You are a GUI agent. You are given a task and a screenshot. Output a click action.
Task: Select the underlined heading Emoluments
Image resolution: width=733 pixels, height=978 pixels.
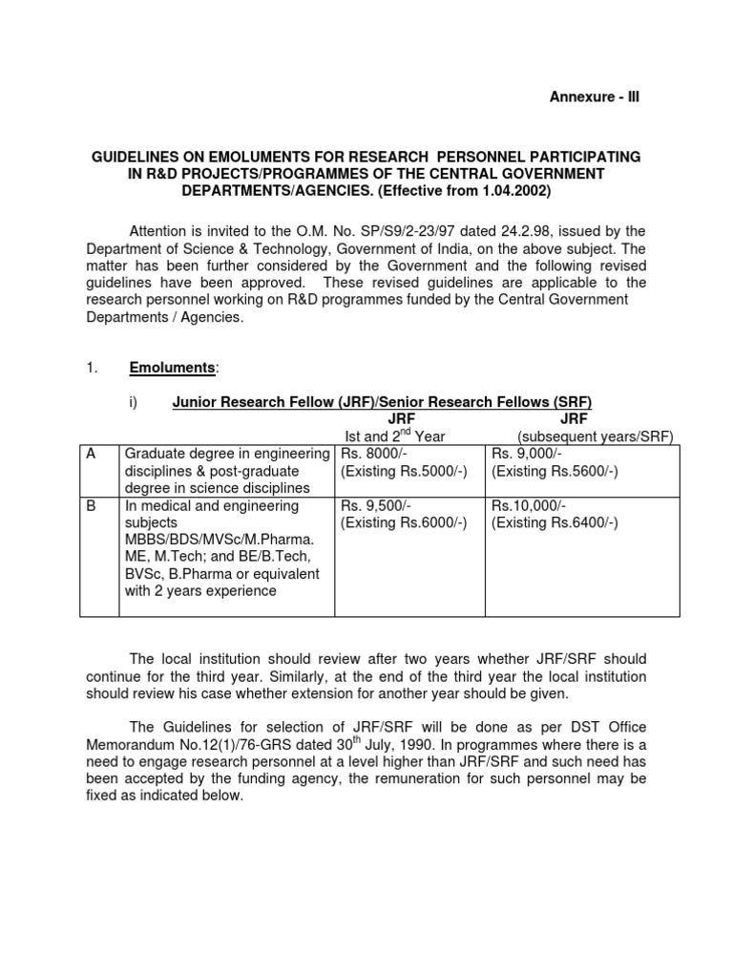pos(174,369)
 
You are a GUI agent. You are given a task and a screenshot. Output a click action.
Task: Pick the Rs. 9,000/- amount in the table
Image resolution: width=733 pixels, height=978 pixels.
pos(523,454)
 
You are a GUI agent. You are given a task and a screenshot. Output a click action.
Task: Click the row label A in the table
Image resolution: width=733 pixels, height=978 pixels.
pos(92,454)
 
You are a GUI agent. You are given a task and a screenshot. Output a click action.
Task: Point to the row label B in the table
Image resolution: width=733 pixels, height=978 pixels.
pos(92,505)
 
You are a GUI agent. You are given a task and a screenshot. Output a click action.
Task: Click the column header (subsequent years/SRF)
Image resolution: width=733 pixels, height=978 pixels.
pos(595,436)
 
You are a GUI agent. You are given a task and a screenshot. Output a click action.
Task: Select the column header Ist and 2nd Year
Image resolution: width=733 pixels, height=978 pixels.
pos(395,436)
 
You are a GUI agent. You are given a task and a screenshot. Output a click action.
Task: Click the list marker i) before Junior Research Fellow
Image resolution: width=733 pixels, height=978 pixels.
pos(134,402)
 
